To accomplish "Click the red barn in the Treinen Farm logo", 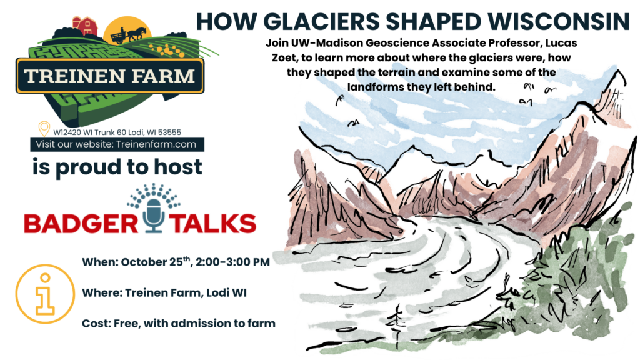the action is [x=86, y=26].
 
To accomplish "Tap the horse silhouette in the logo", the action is [x=138, y=34].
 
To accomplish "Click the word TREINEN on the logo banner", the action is [x=74, y=76].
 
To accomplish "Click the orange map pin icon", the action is [x=44, y=129].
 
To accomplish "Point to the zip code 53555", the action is [x=169, y=132].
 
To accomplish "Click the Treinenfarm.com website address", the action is [x=156, y=144].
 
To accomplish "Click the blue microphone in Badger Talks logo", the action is [x=154, y=215].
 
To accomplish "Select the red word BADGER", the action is [x=81, y=224].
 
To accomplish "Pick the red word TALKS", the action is [x=212, y=224].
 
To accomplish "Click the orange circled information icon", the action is [x=45, y=294].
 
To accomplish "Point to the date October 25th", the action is [x=156, y=261].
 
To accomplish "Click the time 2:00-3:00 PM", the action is [x=232, y=262].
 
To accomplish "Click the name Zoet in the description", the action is [x=284, y=57].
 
